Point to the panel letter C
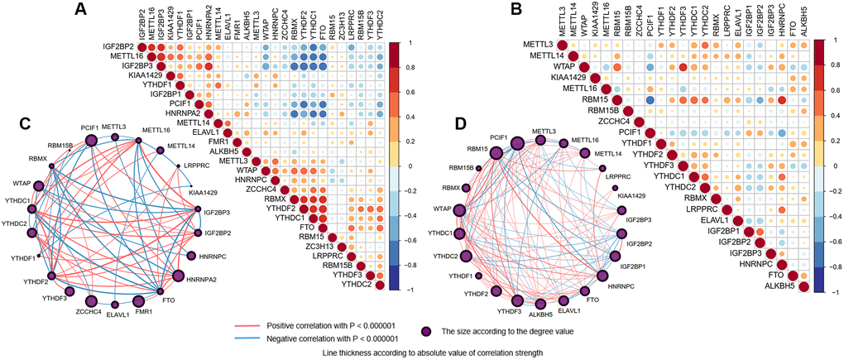coord(25,123)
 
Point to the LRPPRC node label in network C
coord(197,166)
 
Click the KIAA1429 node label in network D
coord(631,195)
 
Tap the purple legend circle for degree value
coord(426,331)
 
